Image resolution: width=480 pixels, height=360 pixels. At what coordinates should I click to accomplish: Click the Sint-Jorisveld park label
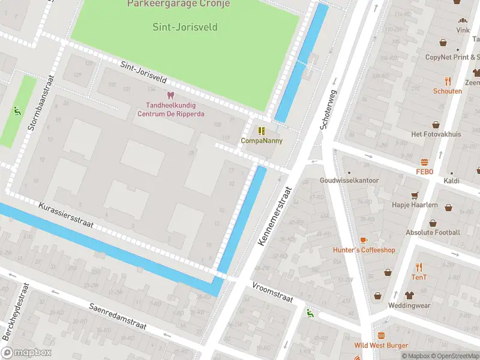point(185,27)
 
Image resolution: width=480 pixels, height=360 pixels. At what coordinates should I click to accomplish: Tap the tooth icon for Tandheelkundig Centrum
point(170,95)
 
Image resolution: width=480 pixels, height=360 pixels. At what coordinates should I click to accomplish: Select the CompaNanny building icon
point(261,131)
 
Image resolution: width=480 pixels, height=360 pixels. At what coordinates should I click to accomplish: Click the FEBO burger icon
point(425,163)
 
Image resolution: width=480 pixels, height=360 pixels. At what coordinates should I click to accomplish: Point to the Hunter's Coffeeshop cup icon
point(364,240)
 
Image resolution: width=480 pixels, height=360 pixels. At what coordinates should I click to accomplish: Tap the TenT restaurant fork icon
point(419,268)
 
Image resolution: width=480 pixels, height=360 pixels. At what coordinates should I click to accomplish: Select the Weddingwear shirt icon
point(410,295)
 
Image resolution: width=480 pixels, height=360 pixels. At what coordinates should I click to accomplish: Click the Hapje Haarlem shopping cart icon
point(414,196)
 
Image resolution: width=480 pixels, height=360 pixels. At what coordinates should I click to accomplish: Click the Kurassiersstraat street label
point(66,214)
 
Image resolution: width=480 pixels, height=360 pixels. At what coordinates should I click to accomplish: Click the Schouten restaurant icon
point(448,81)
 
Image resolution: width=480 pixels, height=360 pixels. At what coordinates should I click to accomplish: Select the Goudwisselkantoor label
point(349,180)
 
